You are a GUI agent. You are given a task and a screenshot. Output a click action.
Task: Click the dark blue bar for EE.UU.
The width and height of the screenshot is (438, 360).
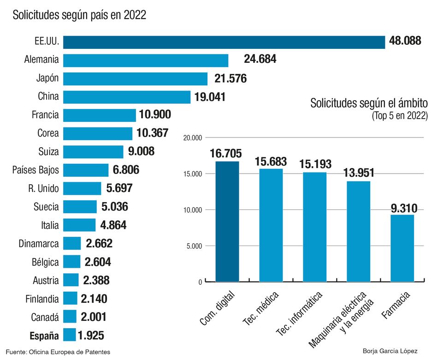click(x=224, y=42)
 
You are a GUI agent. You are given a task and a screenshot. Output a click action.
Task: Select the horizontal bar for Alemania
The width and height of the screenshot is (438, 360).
click(x=146, y=60)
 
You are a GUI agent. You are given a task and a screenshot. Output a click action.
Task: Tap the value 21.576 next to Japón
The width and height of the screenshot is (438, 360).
click(x=231, y=78)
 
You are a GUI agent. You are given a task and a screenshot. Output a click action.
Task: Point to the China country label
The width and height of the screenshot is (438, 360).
click(x=48, y=96)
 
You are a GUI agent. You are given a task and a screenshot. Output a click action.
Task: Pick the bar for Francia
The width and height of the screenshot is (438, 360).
click(x=100, y=115)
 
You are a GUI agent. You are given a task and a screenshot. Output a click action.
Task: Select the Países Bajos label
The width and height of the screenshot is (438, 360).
click(x=36, y=170)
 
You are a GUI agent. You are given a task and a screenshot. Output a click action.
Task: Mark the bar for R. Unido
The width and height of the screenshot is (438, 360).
click(x=82, y=188)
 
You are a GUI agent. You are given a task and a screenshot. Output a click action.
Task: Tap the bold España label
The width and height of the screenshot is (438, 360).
click(x=44, y=336)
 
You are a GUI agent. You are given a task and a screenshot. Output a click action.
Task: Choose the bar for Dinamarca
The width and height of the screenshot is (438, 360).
click(x=72, y=243)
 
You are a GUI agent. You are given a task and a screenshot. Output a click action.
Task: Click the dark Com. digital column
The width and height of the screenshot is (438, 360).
click(x=227, y=222)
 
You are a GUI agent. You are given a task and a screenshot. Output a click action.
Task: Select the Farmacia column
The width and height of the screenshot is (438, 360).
click(x=402, y=248)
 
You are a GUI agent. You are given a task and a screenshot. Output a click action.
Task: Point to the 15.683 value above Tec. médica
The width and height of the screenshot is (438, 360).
click(x=271, y=162)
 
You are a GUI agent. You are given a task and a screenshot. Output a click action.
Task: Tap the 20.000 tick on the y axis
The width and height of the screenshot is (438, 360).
click(x=193, y=138)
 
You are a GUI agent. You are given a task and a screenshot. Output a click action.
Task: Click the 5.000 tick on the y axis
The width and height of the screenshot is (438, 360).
click(x=194, y=246)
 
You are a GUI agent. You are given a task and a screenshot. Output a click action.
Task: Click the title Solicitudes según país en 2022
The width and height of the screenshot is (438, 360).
click(x=79, y=15)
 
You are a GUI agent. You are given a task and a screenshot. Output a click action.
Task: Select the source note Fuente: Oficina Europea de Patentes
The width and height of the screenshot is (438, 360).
click(x=58, y=352)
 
